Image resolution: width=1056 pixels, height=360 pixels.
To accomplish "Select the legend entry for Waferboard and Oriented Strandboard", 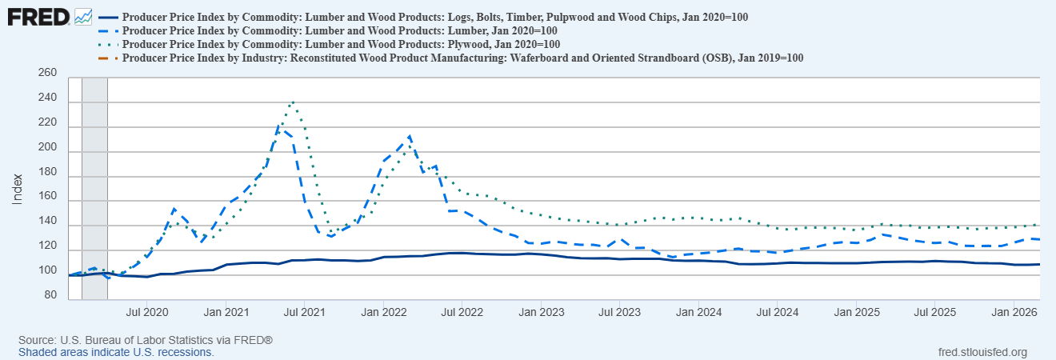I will pos(463,58).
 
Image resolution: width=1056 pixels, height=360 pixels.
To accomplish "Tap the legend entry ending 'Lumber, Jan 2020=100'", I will pos(340,30).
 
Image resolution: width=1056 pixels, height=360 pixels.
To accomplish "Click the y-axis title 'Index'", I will pos(17,188).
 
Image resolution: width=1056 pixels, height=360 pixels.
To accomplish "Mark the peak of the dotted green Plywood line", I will pos(293,102).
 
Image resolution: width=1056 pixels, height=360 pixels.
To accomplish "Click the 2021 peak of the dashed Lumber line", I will pos(280,128).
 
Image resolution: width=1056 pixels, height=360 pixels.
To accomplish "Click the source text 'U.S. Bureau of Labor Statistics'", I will pos(135,341).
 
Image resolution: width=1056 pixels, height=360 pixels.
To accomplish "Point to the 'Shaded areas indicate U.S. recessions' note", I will pos(116,352).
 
